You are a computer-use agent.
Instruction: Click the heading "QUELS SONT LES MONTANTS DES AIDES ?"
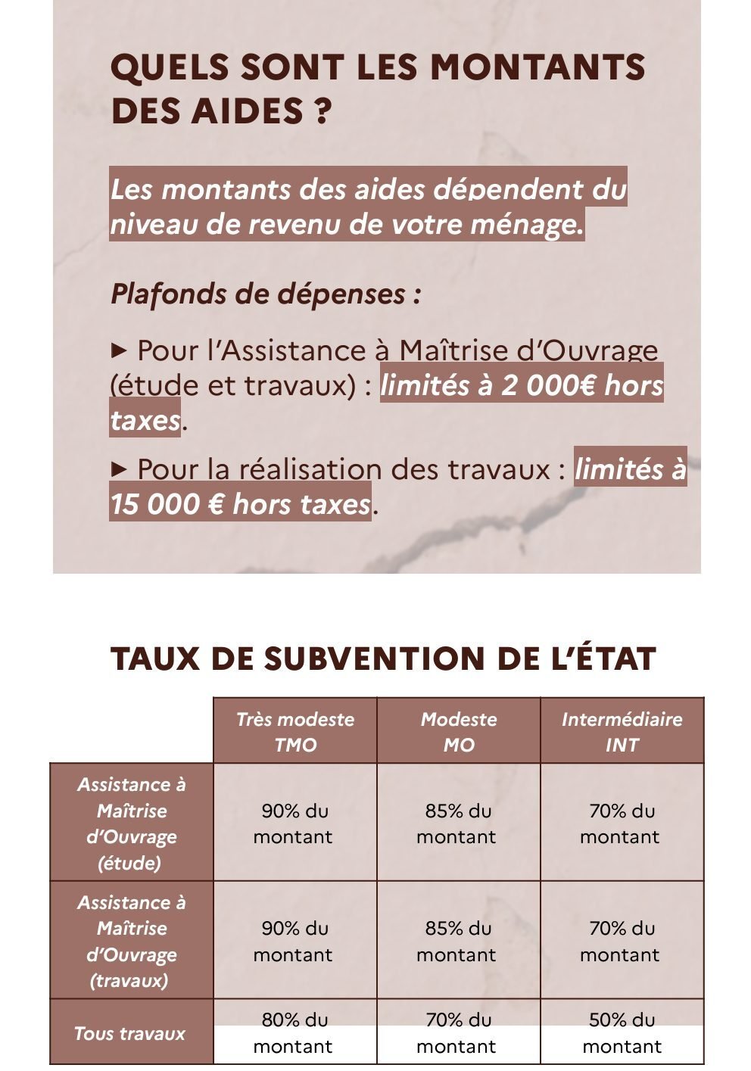377,89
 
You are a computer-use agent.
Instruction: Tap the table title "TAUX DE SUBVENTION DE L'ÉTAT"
382,658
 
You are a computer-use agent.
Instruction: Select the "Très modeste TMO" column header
294,731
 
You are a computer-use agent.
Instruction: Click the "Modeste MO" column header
459,731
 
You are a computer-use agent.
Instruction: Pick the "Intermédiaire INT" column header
622,731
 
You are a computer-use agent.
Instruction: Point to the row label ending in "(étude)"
131,823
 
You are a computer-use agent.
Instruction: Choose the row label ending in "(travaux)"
131,941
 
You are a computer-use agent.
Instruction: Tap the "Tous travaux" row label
130,1033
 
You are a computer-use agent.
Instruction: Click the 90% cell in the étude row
294,823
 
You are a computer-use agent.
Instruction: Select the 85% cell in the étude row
458,823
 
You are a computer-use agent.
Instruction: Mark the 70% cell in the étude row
622,823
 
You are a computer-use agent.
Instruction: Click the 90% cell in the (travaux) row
294,941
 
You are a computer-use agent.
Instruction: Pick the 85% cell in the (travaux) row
458,941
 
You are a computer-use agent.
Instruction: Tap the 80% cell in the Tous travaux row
294,1033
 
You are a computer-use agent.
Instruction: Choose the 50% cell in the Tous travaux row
622,1033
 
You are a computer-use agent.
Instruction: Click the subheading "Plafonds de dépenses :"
266,294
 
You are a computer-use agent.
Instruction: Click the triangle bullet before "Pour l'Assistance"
119,350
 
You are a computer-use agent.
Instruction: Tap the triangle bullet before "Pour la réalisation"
119,469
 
